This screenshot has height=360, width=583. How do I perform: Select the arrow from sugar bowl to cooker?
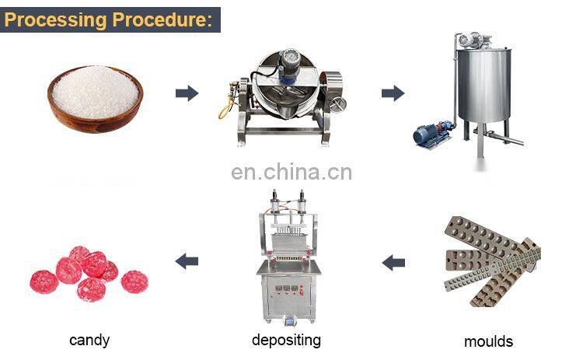(x=187, y=93)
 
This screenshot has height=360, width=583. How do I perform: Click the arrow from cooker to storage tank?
(x=393, y=93)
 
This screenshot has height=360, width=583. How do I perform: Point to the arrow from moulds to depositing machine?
(x=393, y=262)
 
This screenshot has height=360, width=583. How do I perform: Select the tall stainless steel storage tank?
(x=484, y=86)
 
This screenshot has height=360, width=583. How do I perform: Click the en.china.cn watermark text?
(x=291, y=172)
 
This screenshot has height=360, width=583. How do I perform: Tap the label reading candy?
(x=89, y=340)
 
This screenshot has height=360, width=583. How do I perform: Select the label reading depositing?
(x=286, y=340)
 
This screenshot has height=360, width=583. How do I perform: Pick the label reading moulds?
(x=488, y=341)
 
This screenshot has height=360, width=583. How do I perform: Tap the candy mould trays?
(x=490, y=257)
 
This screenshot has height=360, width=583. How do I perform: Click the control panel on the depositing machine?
(x=288, y=294)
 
